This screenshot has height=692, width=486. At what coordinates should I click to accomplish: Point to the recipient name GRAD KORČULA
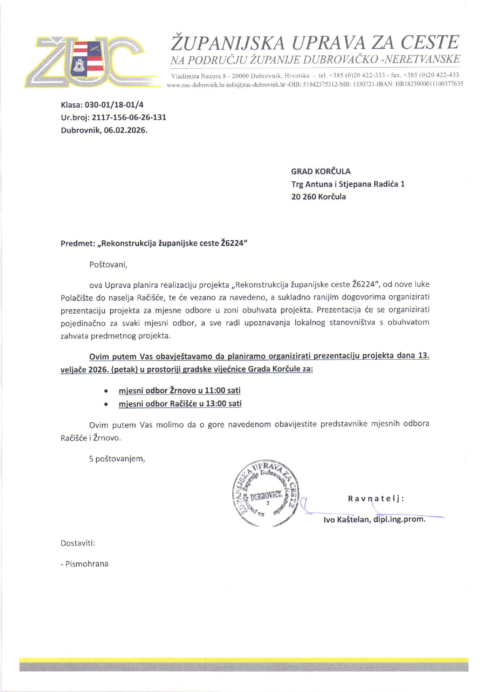tap(320, 171)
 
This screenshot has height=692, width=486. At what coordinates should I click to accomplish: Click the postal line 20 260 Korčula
tap(318, 197)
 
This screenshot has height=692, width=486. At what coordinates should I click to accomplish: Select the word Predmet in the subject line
tap(77, 243)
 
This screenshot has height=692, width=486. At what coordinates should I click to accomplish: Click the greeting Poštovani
tap(108, 264)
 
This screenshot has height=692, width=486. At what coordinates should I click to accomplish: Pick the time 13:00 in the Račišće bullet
tap(216, 404)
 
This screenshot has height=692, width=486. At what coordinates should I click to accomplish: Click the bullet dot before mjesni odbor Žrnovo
tap(106, 391)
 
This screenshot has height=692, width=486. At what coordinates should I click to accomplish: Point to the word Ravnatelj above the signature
tap(376, 499)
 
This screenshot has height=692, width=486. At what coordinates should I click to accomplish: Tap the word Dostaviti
tap(78, 543)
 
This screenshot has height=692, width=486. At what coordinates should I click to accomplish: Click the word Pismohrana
tap(87, 564)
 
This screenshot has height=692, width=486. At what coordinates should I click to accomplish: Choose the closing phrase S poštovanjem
tap(117, 459)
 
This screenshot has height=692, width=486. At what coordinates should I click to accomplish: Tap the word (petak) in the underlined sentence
tap(125, 369)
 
